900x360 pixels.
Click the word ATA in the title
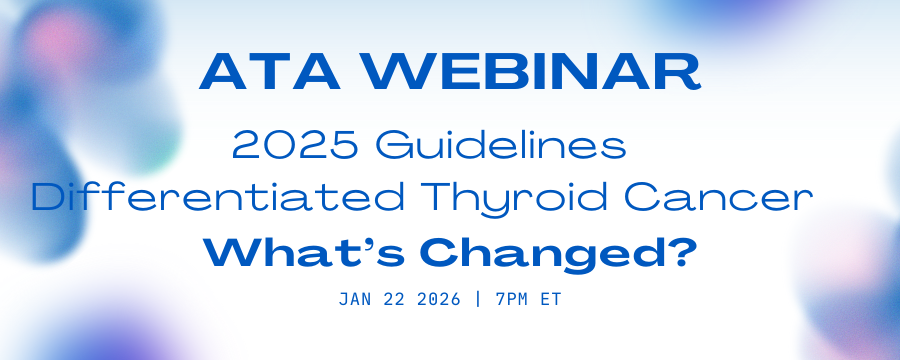point(269,72)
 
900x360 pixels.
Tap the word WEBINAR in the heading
point(533,72)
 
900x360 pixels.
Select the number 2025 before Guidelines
point(295,145)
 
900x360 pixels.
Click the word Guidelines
point(501,145)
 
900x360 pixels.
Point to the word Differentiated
point(218,198)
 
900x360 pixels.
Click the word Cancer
point(719,198)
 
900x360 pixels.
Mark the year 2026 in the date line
point(440,299)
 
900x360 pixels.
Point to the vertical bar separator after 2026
point(478,299)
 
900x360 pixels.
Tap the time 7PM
point(512,299)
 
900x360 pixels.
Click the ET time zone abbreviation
point(550,299)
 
